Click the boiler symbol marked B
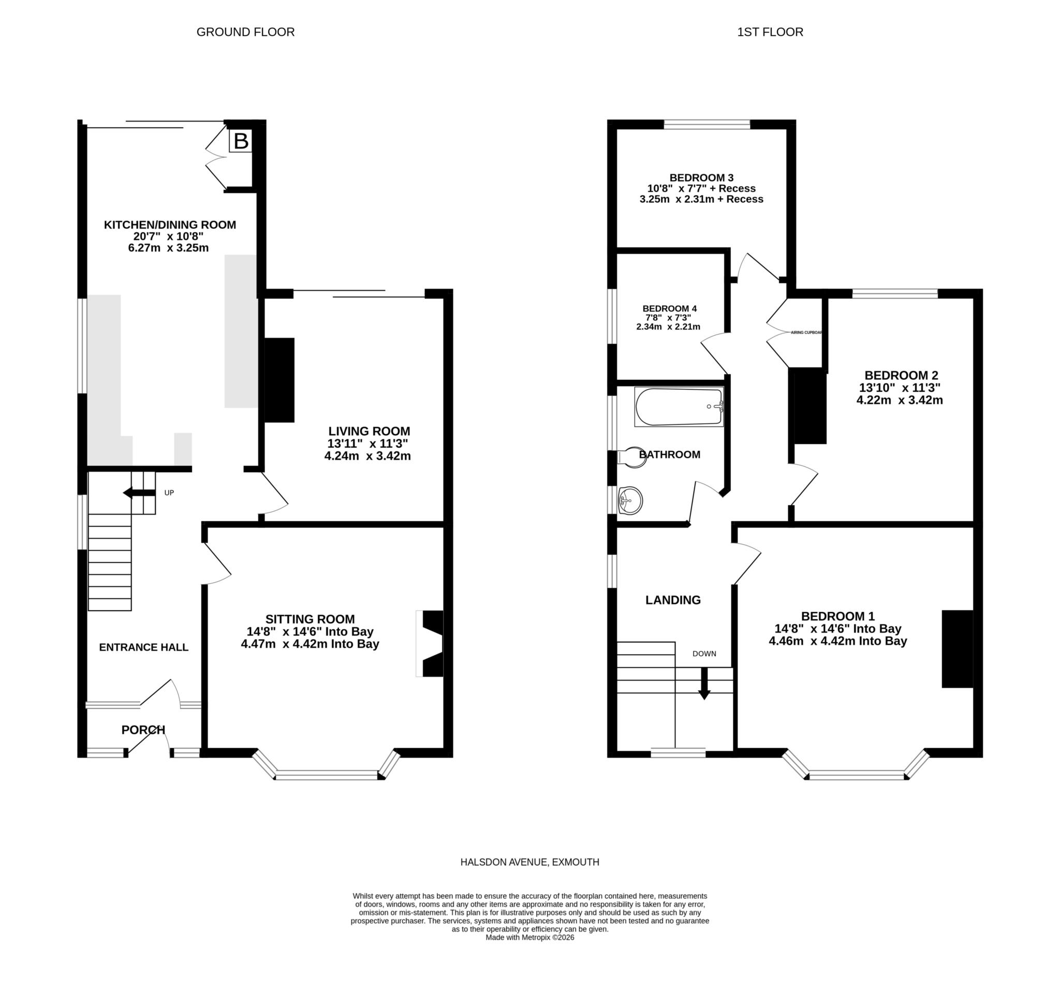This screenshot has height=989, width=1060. click(241, 141)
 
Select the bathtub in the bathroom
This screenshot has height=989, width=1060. click(678, 407)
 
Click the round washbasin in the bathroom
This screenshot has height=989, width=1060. click(631, 500)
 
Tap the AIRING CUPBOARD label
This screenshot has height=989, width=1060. click(806, 332)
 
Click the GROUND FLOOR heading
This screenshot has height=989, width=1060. click(245, 32)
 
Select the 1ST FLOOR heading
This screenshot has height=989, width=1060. click(770, 32)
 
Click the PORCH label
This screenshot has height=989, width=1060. click(143, 730)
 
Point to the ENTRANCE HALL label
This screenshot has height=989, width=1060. click(143, 647)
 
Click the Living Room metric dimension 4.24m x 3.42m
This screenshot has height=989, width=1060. click(367, 456)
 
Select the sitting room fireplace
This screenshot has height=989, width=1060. click(431, 643)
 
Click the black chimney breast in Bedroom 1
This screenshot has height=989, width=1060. click(957, 649)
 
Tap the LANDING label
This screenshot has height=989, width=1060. click(673, 600)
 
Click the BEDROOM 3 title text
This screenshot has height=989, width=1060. click(701, 178)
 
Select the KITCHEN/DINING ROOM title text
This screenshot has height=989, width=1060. click(170, 225)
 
